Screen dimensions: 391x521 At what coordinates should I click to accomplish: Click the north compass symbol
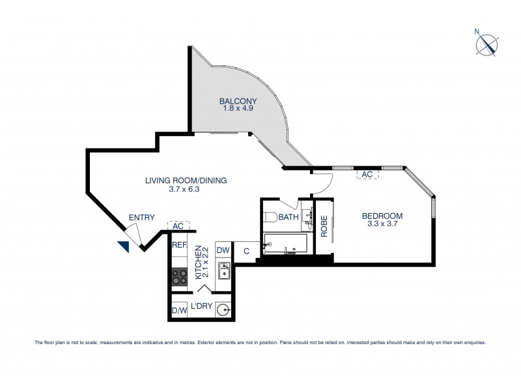tap(487, 43)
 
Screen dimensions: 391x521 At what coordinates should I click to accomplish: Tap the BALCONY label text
tap(238, 101)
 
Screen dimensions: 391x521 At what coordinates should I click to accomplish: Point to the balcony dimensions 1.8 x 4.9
tap(238, 110)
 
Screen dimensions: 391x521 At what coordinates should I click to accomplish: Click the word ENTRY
tap(141, 218)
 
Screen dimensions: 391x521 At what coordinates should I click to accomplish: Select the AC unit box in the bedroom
tap(366, 175)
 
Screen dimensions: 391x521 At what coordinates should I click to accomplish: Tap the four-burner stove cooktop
tap(179, 276)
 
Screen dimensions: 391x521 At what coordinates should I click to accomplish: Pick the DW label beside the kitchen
tap(223, 250)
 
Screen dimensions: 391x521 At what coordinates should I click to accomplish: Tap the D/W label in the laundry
tap(178, 311)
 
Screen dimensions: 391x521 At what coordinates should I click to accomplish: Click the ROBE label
tap(324, 225)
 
